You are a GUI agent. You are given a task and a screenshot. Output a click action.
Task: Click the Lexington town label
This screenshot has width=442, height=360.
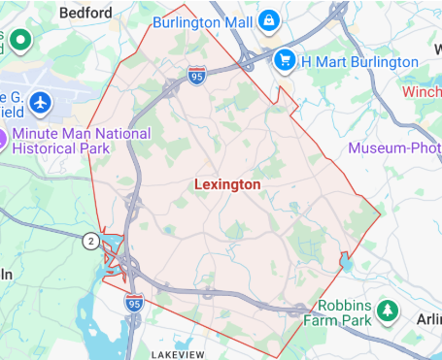(x=227, y=183)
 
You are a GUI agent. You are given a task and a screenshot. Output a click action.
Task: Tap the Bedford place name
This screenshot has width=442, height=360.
(x=85, y=14)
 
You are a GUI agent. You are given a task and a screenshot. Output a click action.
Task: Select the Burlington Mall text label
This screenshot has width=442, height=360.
(x=200, y=19)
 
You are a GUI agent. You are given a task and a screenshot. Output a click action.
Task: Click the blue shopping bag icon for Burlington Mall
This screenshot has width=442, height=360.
(x=267, y=20)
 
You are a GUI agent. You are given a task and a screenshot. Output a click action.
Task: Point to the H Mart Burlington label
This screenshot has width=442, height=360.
(x=359, y=61)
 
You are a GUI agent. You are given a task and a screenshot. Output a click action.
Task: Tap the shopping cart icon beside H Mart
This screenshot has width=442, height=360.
(x=284, y=60)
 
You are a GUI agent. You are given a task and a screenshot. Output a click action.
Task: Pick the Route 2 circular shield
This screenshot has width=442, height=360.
(x=91, y=241)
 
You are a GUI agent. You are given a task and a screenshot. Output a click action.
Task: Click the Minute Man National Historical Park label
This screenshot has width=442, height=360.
(x=82, y=141)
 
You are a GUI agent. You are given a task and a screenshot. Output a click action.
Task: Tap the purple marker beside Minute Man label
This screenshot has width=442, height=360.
(x=4, y=139)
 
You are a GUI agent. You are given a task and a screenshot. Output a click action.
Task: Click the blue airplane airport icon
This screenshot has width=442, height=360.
(x=40, y=102)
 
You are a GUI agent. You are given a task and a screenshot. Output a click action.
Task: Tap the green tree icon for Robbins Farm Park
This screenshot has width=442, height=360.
(x=389, y=310)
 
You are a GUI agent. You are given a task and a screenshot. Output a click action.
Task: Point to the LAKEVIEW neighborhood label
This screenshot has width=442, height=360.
(x=178, y=355)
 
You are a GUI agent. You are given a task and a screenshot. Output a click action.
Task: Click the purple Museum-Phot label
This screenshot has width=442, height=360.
(x=394, y=148)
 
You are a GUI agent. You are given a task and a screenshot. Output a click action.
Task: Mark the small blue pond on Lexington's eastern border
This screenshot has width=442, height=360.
(x=345, y=262)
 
